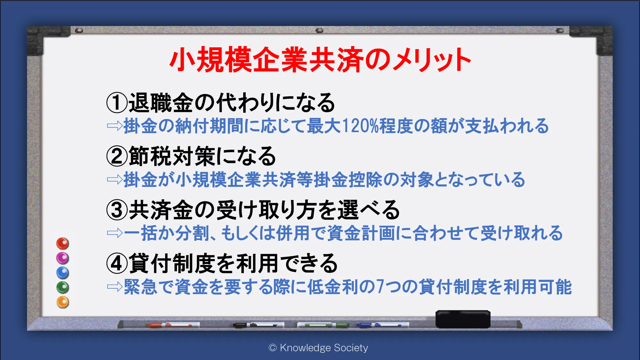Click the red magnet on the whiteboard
tap(63, 244)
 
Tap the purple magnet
tap(63, 258)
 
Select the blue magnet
tap(63, 273)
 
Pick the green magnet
tap(63, 287)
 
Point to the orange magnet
tap(63, 302)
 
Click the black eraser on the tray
tap(463, 319)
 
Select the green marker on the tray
tap(323, 325)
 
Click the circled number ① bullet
tap(117, 103)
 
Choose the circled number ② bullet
tap(117, 156)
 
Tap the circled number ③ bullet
tap(117, 210)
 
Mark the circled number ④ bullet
tap(117, 263)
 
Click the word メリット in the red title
tap(431, 60)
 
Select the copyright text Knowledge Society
tap(324, 348)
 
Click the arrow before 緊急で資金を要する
tap(115, 287)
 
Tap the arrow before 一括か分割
tap(115, 233)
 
